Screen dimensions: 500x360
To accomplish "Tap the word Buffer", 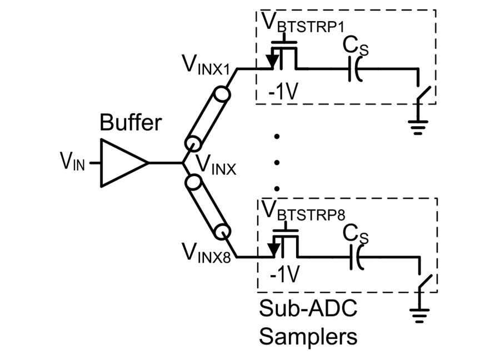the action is point(131,122).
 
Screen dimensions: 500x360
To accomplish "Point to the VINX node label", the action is point(216,165).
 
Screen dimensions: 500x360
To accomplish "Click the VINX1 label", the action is point(206,65).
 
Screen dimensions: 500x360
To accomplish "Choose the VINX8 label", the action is point(206,252).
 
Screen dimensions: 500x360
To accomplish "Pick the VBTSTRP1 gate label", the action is point(303,22).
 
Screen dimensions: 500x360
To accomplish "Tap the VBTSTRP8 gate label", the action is point(303,211).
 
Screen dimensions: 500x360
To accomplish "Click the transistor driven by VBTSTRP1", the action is point(283,55).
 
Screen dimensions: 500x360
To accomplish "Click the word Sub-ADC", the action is point(308,308).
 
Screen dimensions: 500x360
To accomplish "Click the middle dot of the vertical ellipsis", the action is point(277,163).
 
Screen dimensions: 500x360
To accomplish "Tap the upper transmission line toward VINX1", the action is point(208,119).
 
